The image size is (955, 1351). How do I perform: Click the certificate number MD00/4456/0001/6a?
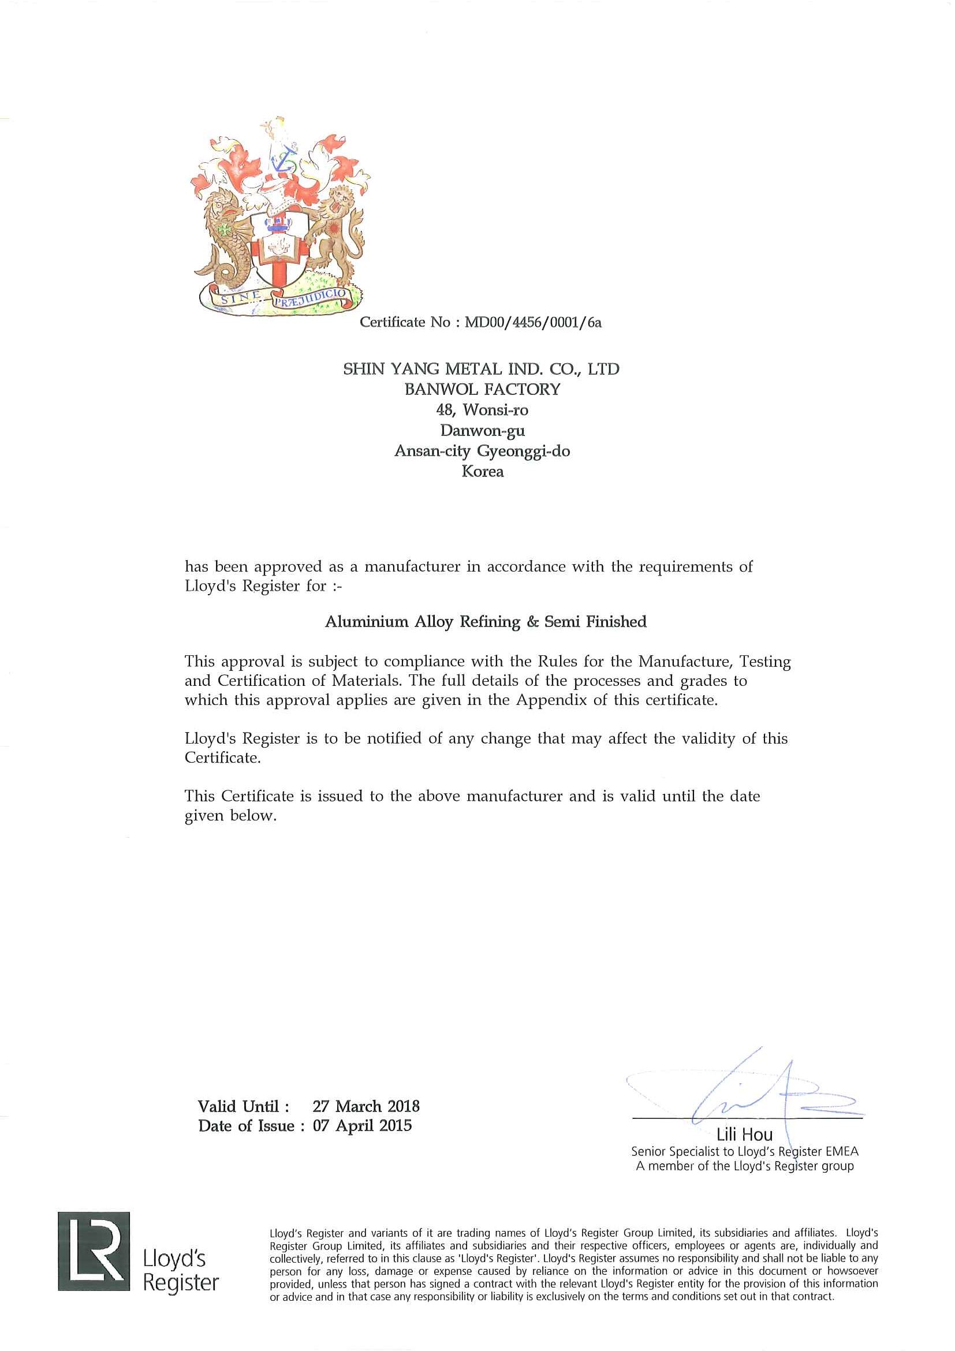(x=533, y=323)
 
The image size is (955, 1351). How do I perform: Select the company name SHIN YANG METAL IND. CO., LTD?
(x=482, y=370)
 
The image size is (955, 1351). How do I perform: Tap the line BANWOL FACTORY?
(x=482, y=390)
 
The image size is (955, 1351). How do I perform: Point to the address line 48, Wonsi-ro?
(x=482, y=410)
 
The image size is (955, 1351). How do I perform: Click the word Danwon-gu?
(x=482, y=431)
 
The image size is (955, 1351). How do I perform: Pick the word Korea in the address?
(x=482, y=472)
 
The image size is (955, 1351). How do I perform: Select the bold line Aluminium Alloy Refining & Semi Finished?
(x=486, y=622)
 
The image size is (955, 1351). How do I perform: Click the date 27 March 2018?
(x=366, y=1106)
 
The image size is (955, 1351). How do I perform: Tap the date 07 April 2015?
(x=362, y=1126)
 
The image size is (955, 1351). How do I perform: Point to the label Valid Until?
(x=243, y=1106)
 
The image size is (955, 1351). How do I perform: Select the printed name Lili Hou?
(x=744, y=1134)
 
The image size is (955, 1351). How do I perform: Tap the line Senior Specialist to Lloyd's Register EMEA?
(x=744, y=1152)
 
